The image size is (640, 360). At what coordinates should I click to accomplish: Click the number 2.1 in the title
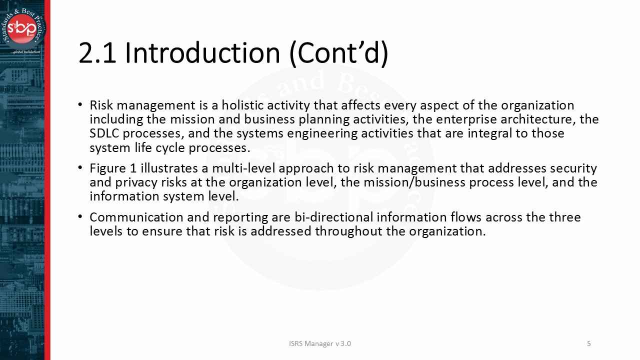[x=97, y=53]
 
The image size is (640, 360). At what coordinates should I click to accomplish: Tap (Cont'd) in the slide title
[x=338, y=53]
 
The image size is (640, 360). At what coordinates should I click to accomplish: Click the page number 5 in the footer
[x=589, y=343]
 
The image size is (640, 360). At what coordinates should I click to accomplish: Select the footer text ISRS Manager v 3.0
[x=320, y=343]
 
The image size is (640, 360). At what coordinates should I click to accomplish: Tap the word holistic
[x=242, y=105]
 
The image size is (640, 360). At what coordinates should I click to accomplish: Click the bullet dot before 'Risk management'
[x=80, y=105]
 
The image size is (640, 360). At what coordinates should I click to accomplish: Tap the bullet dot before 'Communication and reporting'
[x=80, y=217]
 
